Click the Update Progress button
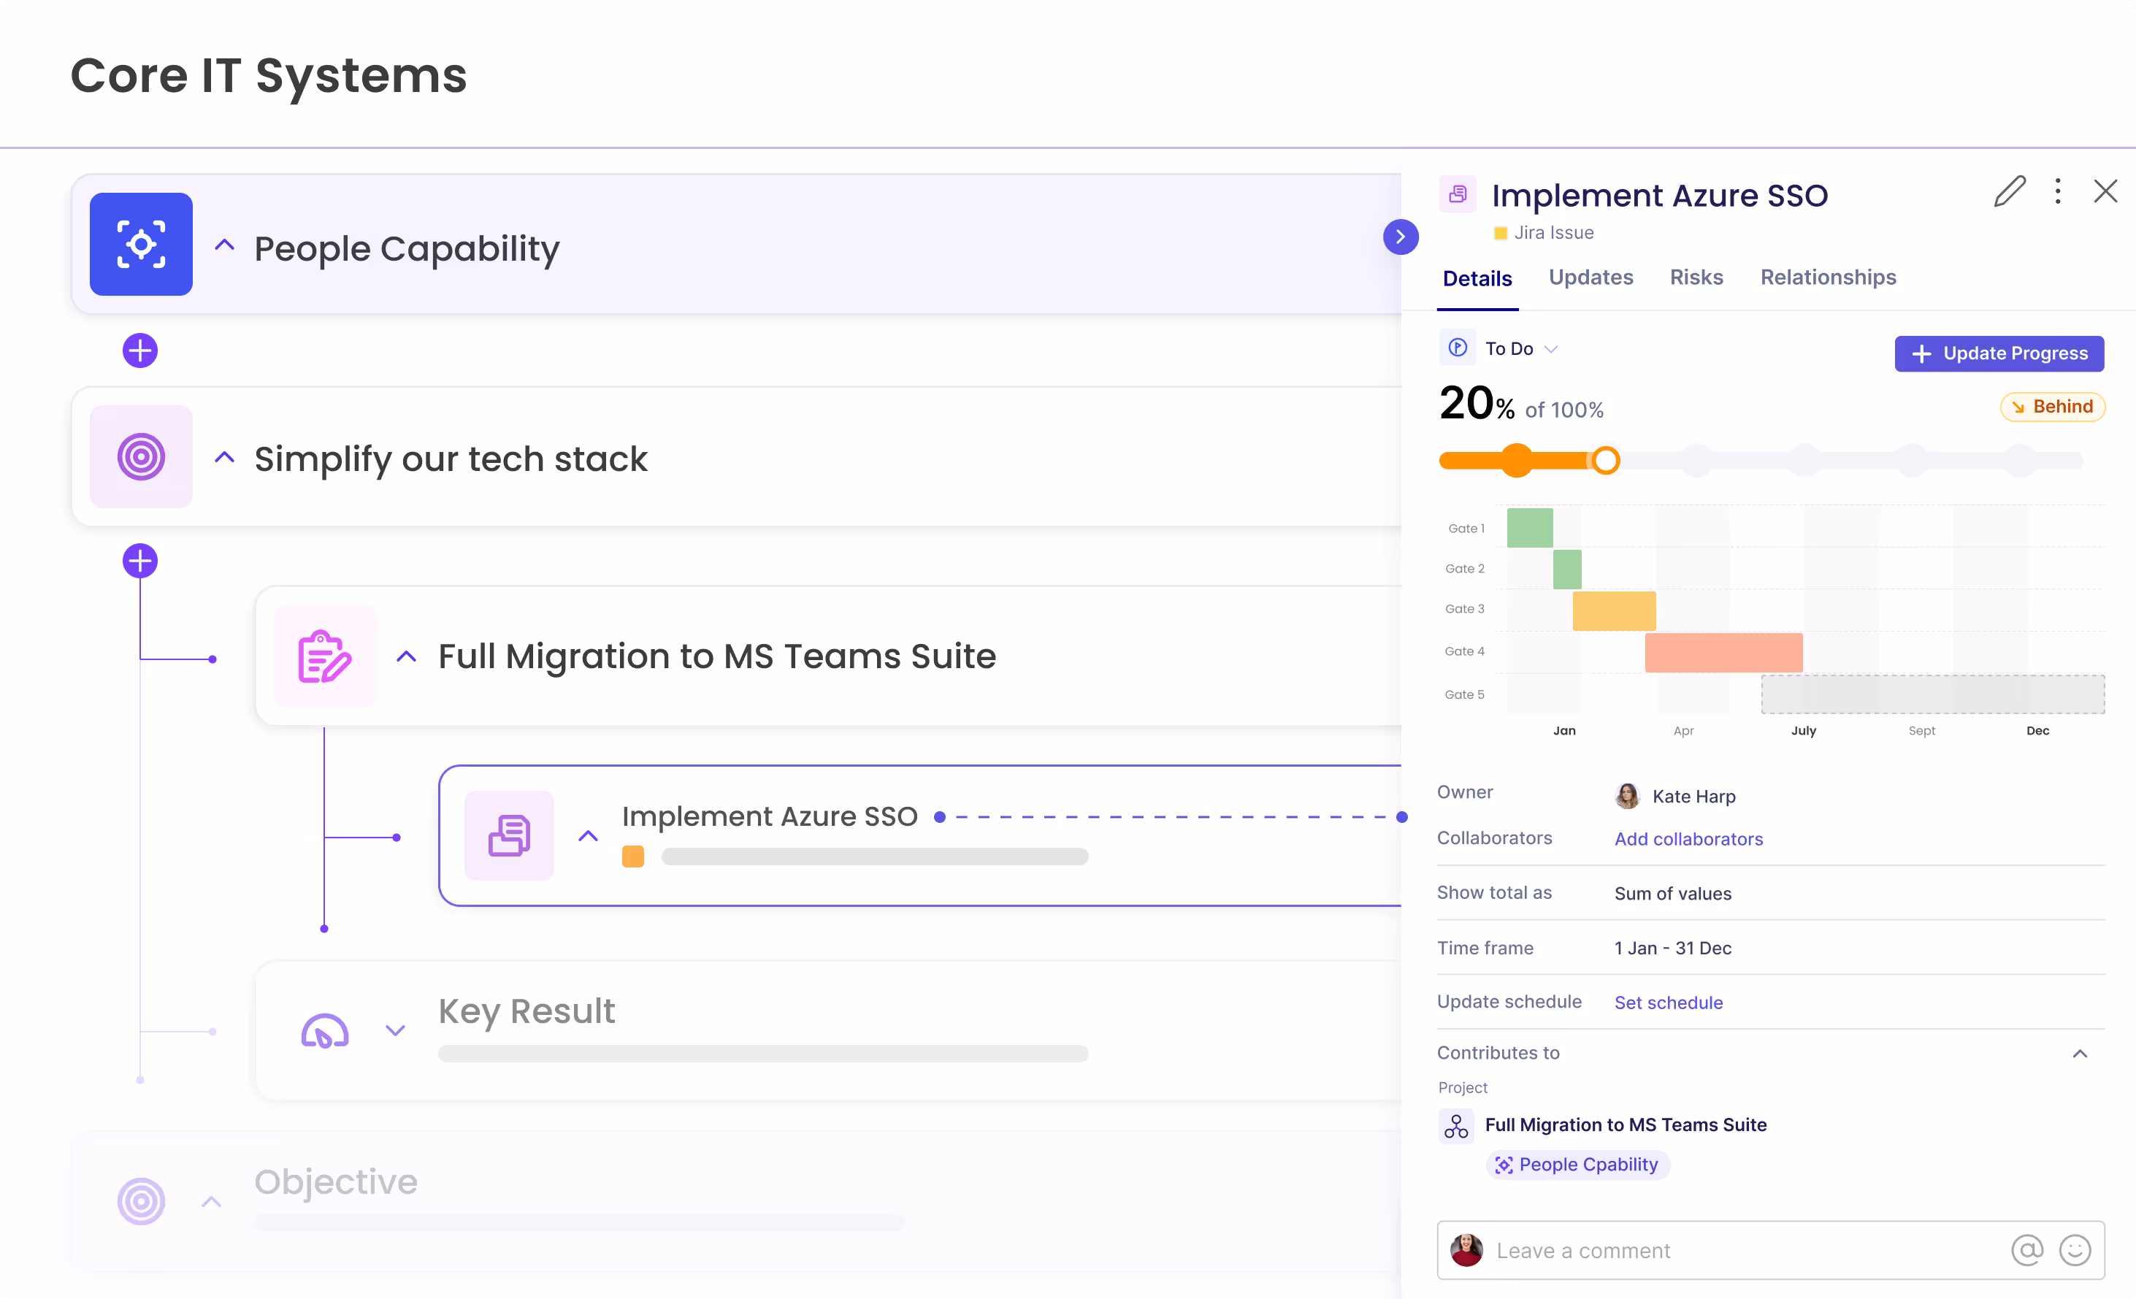click(1998, 353)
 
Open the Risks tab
click(1696, 277)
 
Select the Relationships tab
click(1827, 277)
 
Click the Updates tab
click(1590, 277)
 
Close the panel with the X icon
click(2105, 191)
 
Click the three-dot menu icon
click(2057, 191)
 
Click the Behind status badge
click(2052, 407)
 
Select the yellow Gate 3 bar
click(1613, 611)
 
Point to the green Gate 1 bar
click(1529, 528)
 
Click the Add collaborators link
click(1688, 839)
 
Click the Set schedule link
click(1668, 1003)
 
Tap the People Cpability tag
click(1578, 1165)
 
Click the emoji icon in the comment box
click(2075, 1251)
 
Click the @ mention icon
click(2026, 1251)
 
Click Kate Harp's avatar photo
click(1627, 795)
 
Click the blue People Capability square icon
click(141, 245)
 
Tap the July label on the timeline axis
click(1803, 730)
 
